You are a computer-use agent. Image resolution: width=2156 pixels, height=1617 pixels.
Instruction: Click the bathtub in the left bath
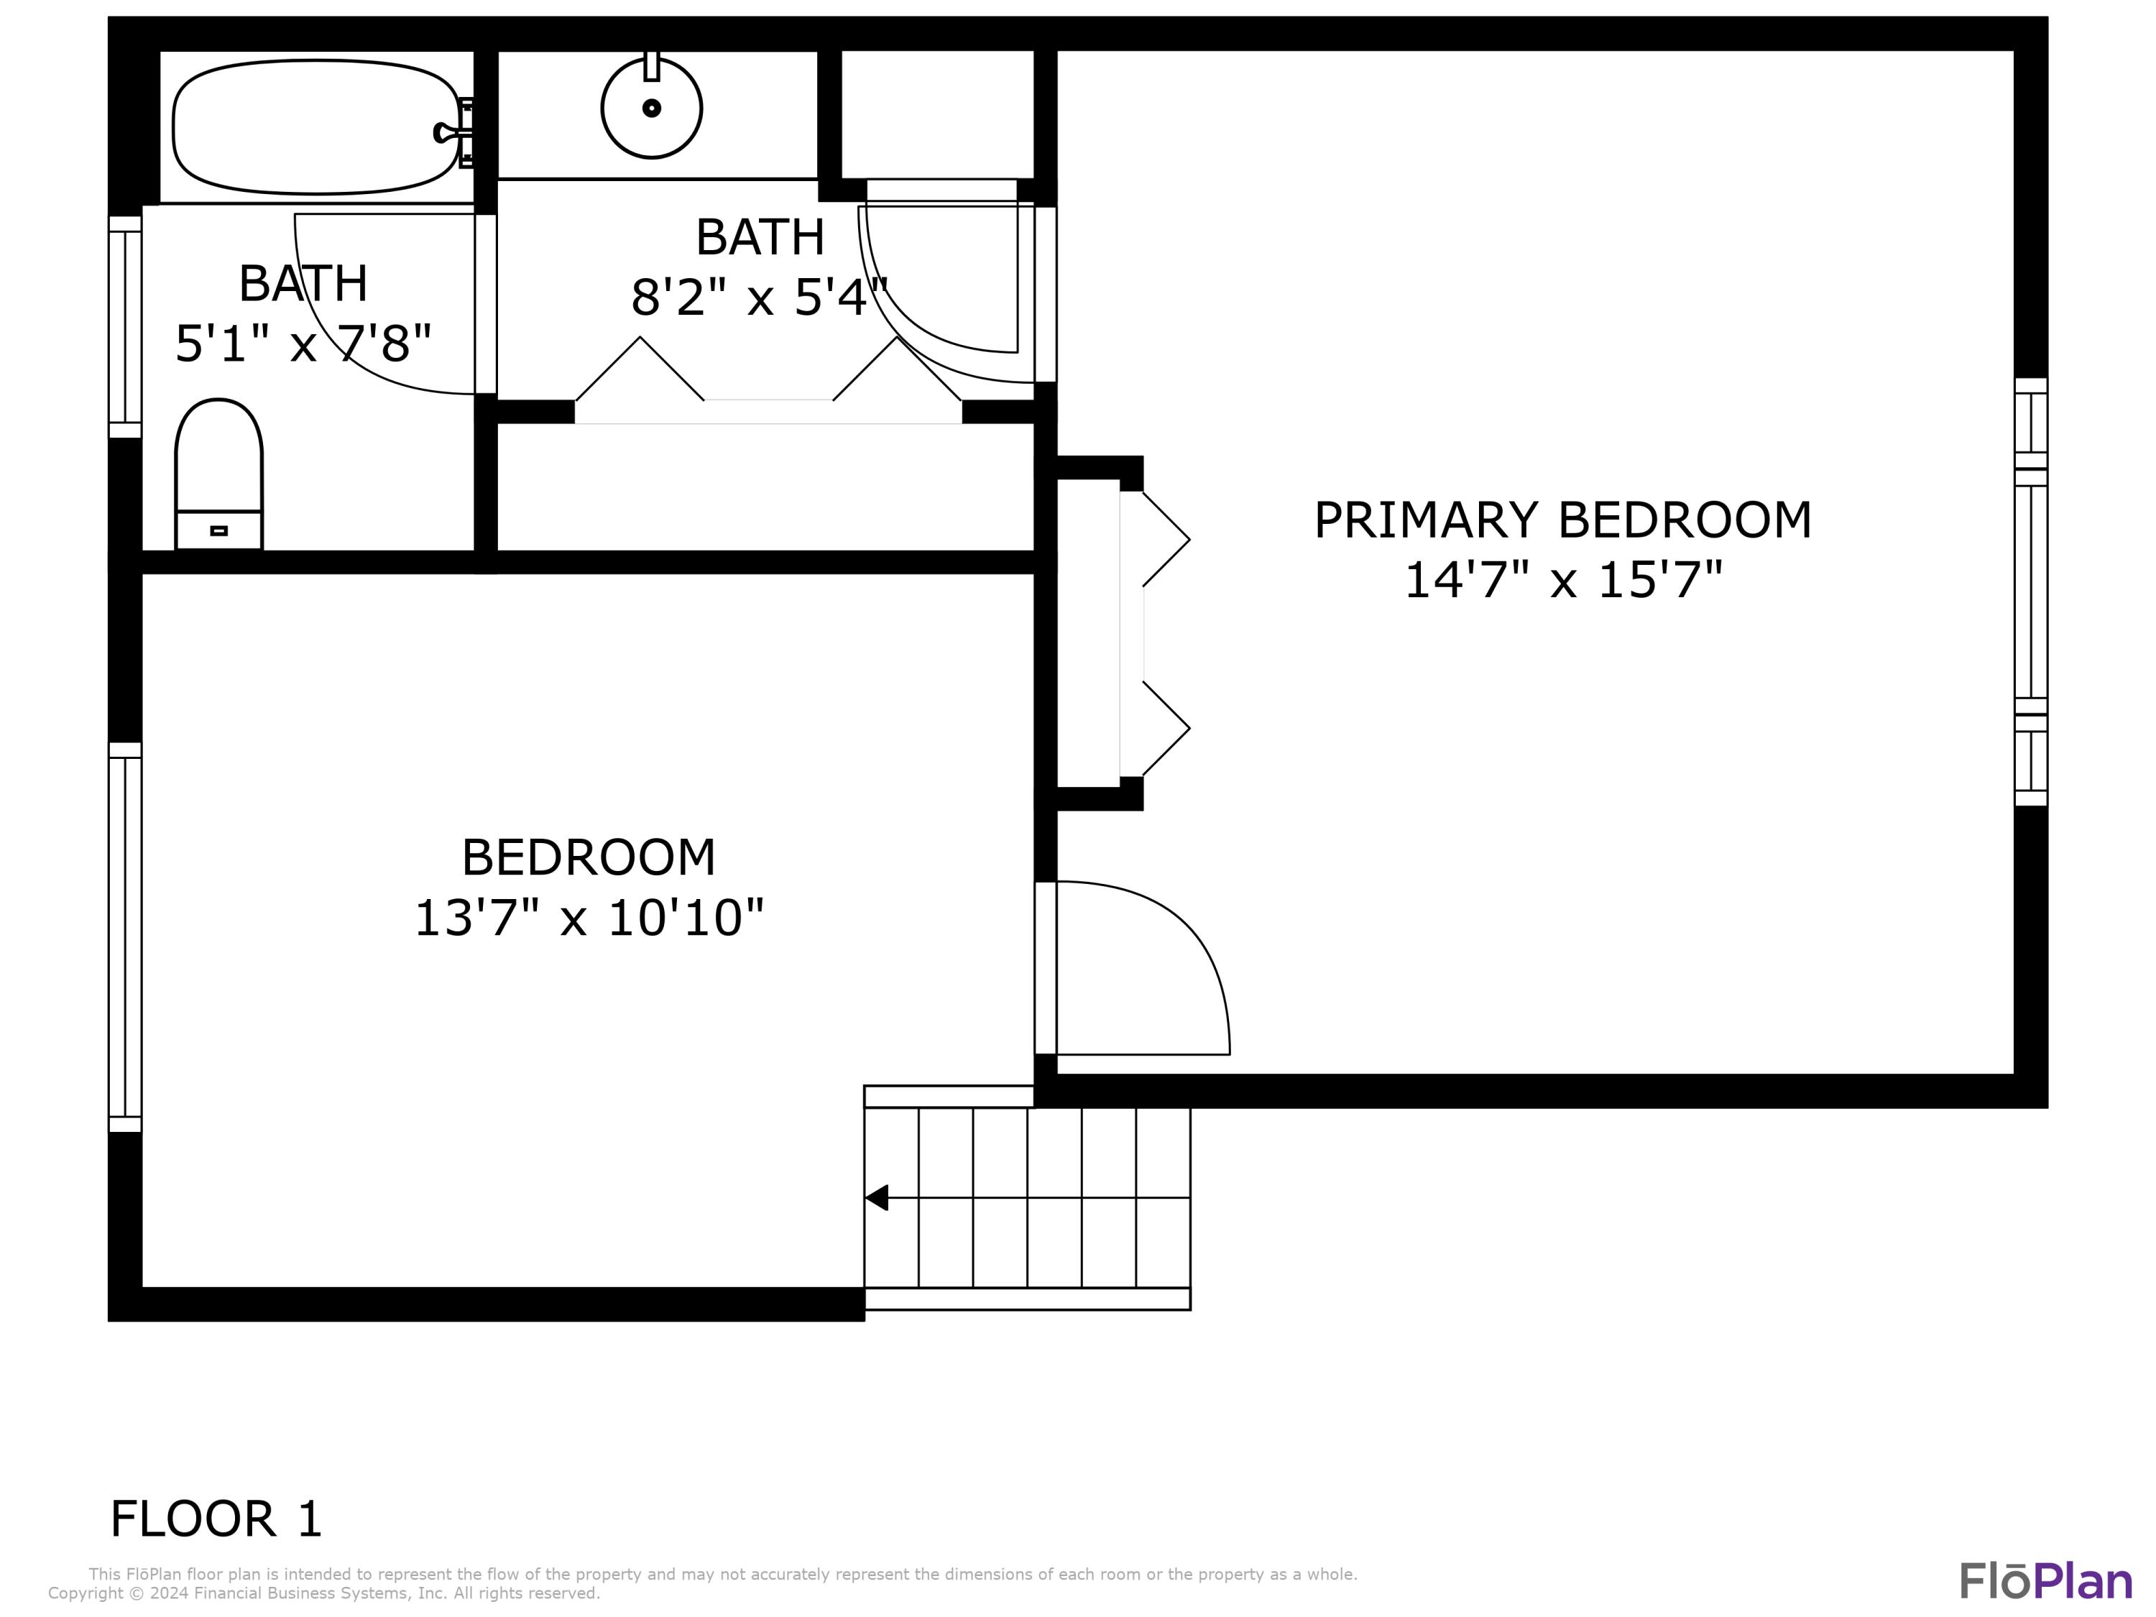pyautogui.click(x=314, y=126)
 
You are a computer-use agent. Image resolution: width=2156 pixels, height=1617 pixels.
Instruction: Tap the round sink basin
pyautogui.click(x=651, y=109)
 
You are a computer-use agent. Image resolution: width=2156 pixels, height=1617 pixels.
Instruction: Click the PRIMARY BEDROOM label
pyautogui.click(x=1562, y=520)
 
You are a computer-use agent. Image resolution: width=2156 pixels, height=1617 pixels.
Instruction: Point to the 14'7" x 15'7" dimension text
pyautogui.click(x=1562, y=580)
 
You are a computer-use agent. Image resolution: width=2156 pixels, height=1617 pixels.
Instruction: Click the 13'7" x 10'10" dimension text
pyautogui.click(x=589, y=918)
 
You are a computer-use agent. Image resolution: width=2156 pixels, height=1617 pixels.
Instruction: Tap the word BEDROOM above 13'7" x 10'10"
pyautogui.click(x=589, y=857)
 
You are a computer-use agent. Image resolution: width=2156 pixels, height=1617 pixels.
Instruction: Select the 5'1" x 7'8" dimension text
pyautogui.click(x=303, y=343)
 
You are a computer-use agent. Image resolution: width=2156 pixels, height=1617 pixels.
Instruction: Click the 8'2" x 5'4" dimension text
pyautogui.click(x=760, y=298)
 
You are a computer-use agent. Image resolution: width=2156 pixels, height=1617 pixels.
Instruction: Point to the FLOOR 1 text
pyautogui.click(x=216, y=1519)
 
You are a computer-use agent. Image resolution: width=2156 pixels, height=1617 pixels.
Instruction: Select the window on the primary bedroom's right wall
pyautogui.click(x=2031, y=591)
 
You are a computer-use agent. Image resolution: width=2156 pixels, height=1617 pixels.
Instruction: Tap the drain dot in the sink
pyautogui.click(x=651, y=109)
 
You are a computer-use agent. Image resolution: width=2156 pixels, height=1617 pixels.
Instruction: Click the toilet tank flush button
pyautogui.click(x=218, y=531)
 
